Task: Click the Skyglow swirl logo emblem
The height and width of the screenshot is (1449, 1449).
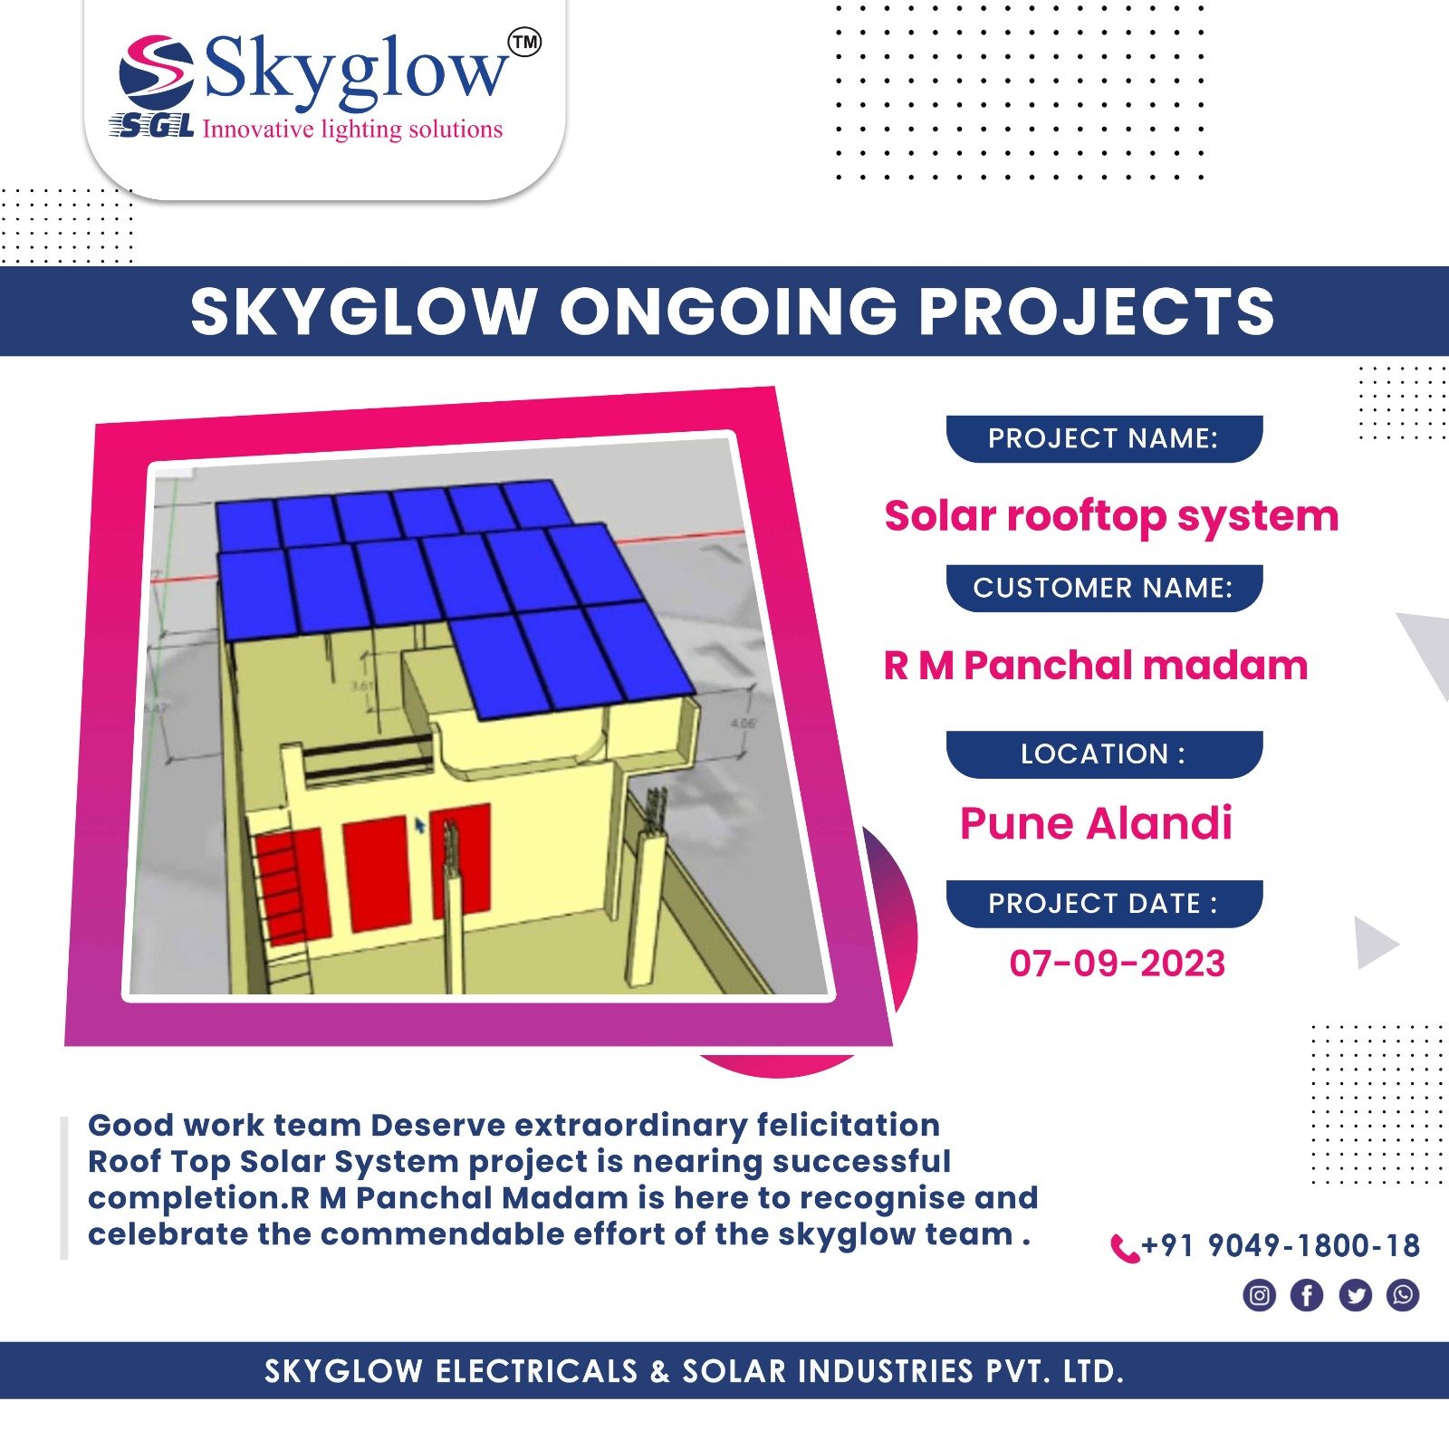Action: coord(156,73)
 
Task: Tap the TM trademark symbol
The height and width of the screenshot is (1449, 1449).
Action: coord(525,42)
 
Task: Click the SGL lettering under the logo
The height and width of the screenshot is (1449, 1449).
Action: coord(151,127)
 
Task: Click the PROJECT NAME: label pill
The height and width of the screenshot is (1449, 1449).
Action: coord(1104,438)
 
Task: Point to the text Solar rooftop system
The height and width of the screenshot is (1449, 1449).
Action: coord(1111,516)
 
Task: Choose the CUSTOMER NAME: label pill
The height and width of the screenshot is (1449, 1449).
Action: coord(1104,588)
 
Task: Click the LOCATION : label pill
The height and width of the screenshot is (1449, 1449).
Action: coord(1104,754)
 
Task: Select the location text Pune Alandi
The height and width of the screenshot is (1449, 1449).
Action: coord(1096,823)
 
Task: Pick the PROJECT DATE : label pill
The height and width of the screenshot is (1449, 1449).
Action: coord(1104,904)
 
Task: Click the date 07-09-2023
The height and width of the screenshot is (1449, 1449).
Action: coord(1118,964)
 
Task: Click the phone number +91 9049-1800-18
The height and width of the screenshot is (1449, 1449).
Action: coord(1281,1246)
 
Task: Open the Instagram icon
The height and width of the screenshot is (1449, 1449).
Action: coord(1259,1295)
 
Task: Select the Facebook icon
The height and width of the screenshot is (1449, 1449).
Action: coord(1307,1295)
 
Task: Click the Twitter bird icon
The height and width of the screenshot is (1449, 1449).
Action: coord(1355,1295)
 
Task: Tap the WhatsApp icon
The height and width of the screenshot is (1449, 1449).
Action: coord(1403,1295)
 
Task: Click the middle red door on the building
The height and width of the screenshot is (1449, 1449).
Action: coord(376,872)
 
